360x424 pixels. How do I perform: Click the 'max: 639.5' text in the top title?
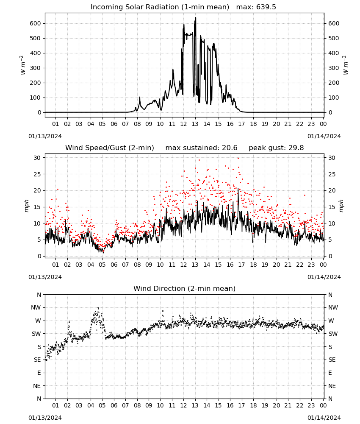pos(256,7)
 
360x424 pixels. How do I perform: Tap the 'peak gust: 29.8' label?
pos(276,148)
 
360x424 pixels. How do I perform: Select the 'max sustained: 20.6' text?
pos(201,148)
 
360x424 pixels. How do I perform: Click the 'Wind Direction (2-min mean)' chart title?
pos(185,288)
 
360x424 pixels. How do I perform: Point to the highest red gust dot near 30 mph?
pos(238,158)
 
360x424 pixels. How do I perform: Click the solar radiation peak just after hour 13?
pos(196,18)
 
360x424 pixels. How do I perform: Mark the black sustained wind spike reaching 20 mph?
pos(238,189)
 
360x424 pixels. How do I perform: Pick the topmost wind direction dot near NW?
pos(98,308)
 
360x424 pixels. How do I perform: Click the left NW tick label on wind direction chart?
pos(36,308)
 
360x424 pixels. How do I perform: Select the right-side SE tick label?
pos(332,360)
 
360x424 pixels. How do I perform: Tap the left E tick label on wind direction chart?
pos(39,373)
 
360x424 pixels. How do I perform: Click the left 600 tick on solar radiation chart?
pos(36,23)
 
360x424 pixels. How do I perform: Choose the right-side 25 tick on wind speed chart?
pos(332,174)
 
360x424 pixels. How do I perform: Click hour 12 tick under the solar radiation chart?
pos(183,124)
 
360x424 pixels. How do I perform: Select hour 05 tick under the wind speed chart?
pos(102,265)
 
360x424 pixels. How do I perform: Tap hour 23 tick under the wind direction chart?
pos(311,405)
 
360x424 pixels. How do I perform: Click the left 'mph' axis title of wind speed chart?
pos(26,206)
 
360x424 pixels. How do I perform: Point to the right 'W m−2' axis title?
pos(346,65)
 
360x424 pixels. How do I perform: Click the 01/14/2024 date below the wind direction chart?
pos(324,418)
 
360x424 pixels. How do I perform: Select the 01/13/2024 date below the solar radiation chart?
pos(45,136)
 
